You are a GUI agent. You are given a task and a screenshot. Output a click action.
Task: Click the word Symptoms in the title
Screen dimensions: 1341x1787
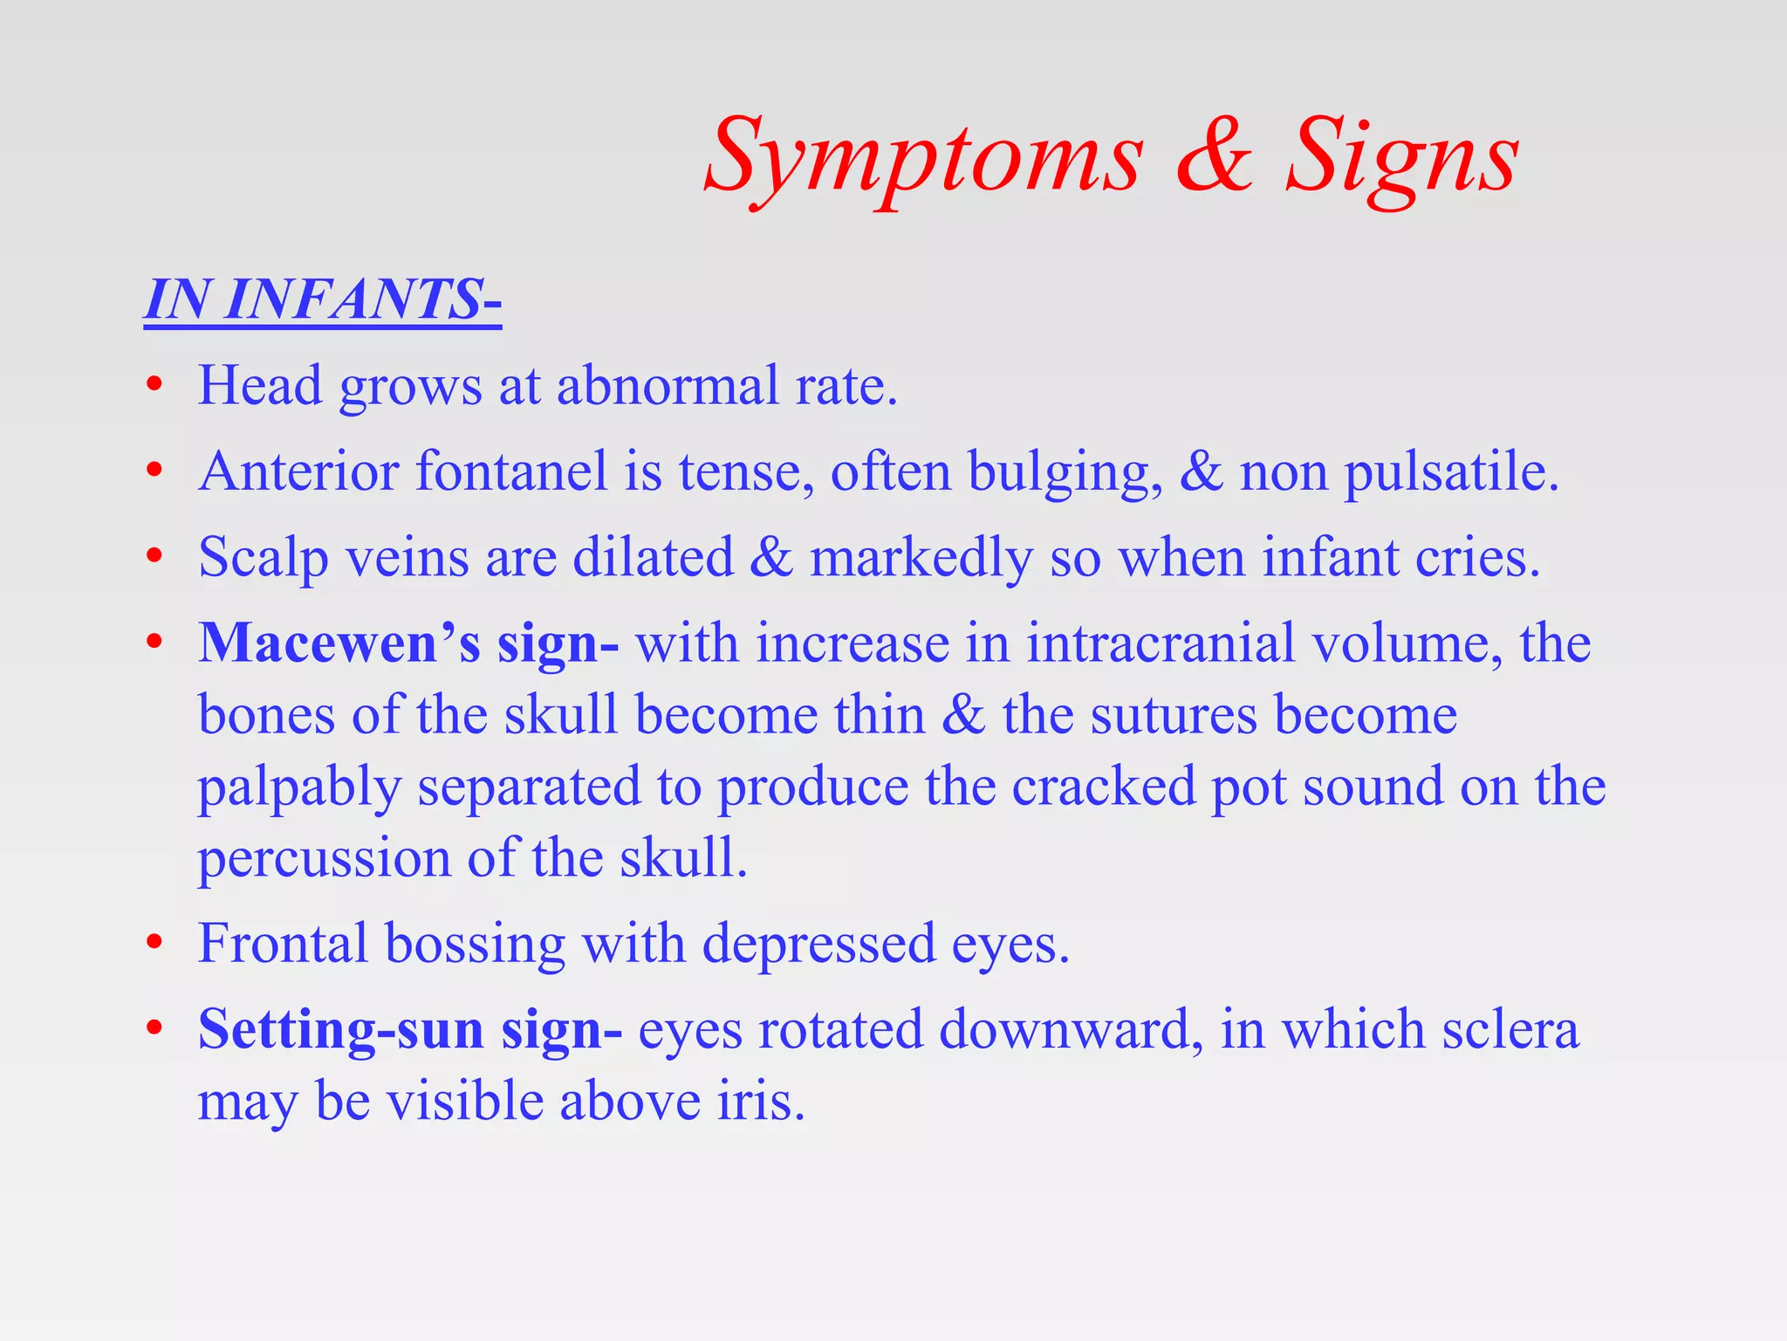click(x=923, y=157)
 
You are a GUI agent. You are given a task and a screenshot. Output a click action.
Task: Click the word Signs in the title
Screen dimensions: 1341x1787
click(x=1402, y=157)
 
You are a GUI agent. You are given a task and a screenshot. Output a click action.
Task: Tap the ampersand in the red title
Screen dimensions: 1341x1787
click(x=1214, y=157)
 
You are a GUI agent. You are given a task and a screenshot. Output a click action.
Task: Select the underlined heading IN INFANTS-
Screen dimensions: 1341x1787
click(x=322, y=299)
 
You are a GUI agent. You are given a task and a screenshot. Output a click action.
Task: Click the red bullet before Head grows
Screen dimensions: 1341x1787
click(x=154, y=385)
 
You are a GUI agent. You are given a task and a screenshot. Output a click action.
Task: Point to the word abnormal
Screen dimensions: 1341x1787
click(x=668, y=385)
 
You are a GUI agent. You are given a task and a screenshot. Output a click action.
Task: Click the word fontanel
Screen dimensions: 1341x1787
click(x=510, y=471)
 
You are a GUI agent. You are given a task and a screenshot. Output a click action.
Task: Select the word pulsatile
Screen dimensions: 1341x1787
click(x=1449, y=471)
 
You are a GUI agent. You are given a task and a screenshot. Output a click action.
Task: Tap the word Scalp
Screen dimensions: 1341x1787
click(x=263, y=558)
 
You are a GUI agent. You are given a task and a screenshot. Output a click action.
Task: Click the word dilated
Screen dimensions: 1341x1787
click(x=653, y=558)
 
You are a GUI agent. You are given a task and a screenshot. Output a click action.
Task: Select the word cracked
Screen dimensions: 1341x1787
click(x=1103, y=787)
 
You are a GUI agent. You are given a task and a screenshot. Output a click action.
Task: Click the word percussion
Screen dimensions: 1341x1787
click(x=324, y=858)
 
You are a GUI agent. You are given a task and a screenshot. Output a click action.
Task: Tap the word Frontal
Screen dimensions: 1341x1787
click(x=283, y=944)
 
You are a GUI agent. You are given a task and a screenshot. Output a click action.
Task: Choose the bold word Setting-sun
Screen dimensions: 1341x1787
click(x=340, y=1029)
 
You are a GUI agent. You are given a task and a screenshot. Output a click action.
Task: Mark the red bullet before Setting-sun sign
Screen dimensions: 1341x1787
click(x=154, y=1029)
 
